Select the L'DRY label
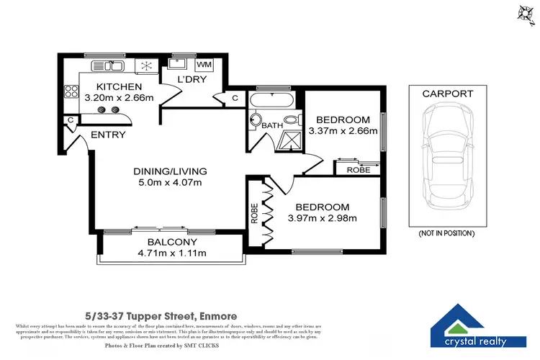pyautogui.click(x=193, y=80)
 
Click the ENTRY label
pyautogui.click(x=108, y=135)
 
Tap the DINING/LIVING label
pyautogui.click(x=171, y=171)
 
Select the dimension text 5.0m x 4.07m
pyautogui.click(x=171, y=183)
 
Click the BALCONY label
pyautogui.click(x=173, y=242)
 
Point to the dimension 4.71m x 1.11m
pyautogui.click(x=173, y=253)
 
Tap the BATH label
pyautogui.click(x=272, y=126)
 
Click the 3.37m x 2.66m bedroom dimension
pyautogui.click(x=343, y=131)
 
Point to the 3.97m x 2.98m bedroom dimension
pyautogui.click(x=323, y=218)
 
